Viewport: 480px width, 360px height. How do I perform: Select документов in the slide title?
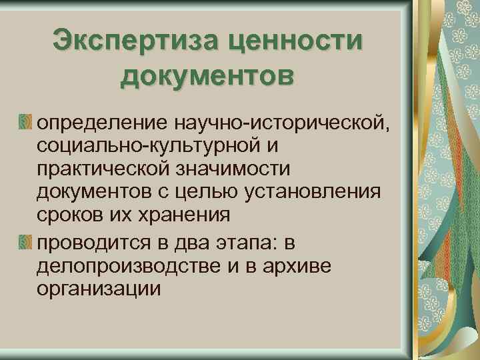pos(207,75)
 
